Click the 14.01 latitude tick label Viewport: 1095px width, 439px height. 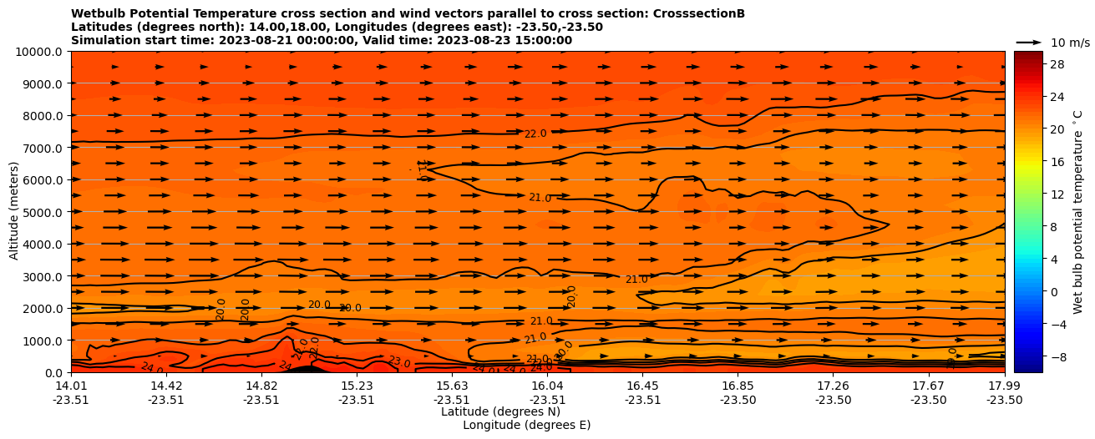point(71,386)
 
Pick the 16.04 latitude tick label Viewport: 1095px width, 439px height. point(547,386)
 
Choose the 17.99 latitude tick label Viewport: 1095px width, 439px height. point(1004,386)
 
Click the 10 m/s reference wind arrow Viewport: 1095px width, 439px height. point(1029,42)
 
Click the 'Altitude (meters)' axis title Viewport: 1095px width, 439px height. point(14,212)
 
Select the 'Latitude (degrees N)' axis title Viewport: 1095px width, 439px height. point(500,411)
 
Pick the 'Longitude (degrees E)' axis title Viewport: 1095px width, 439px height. point(526,425)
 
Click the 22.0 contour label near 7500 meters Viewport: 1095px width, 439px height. point(535,134)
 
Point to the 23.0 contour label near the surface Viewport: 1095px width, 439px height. point(399,362)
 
